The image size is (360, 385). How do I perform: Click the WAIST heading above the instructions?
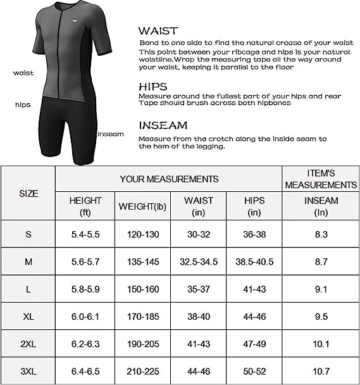tap(158, 30)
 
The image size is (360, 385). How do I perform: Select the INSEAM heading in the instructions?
tap(163, 125)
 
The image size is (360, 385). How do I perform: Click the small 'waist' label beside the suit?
tap(23, 73)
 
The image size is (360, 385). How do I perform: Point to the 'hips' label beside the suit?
tap(23, 104)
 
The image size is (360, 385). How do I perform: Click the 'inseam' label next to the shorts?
tap(110, 134)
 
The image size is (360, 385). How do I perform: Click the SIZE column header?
tap(28, 193)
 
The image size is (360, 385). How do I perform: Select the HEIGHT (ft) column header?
tap(85, 206)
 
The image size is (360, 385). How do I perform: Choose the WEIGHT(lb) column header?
tap(142, 206)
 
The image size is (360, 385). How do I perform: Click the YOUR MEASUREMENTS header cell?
tap(169, 179)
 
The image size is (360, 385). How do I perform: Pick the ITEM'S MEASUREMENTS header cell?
tap(321, 179)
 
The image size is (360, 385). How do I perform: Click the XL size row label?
tap(28, 317)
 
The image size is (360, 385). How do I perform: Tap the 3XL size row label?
tap(28, 371)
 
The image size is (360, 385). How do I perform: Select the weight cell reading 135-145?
tap(142, 262)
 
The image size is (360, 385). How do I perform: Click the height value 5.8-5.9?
tap(85, 289)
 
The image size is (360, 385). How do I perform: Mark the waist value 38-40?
tap(198, 317)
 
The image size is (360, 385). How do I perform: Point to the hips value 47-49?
tap(254, 344)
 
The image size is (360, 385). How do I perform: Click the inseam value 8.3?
tap(321, 234)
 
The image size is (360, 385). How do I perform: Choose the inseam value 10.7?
tap(321, 371)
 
